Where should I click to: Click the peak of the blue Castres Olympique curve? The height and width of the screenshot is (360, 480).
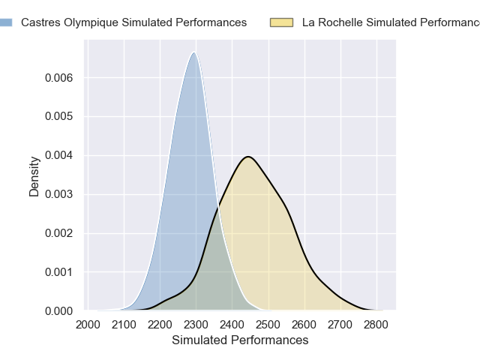pos(194,52)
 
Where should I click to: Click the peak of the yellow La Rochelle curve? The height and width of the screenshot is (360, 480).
pos(247,157)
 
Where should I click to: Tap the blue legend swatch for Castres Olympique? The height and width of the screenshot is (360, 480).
pos(5,22)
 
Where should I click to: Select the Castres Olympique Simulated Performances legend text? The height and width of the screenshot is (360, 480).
pos(133,22)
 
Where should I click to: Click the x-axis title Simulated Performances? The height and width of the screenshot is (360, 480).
pos(240,340)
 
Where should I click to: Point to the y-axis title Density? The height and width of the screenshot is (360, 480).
pos(34,176)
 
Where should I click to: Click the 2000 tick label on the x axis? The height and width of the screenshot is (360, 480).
pos(88,325)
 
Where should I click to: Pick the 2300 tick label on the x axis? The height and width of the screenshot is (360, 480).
pos(196,325)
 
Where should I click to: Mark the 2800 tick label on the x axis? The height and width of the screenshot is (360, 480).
pos(376,325)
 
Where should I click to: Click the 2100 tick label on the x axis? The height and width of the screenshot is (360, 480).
pos(124,325)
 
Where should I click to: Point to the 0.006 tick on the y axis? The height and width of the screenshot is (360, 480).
pos(58,78)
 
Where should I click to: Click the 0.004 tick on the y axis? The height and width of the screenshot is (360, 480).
pos(58,156)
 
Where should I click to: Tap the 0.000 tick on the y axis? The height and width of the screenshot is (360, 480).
pos(58,310)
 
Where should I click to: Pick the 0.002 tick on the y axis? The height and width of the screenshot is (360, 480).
pos(58,233)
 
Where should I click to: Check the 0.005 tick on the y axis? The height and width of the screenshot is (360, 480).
pos(58,117)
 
